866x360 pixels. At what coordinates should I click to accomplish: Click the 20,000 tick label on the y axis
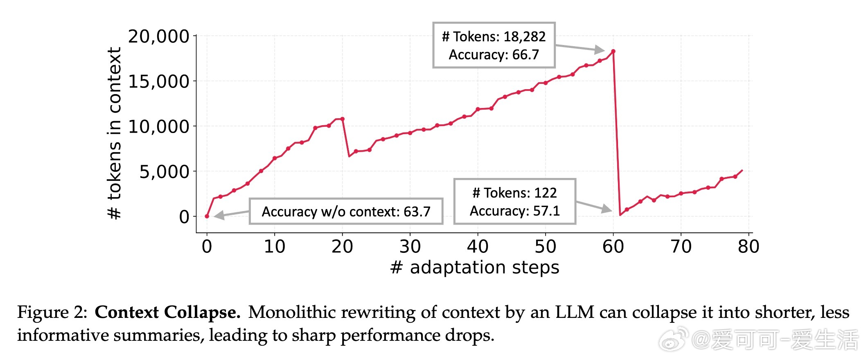(158, 36)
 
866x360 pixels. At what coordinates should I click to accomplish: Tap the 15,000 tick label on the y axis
(158, 81)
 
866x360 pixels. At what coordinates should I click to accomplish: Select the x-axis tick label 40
(478, 247)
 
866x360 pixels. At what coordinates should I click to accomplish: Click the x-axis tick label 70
(681, 247)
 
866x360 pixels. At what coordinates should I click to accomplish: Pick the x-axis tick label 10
(274, 247)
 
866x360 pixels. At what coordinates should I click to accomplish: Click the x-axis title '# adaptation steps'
(475, 268)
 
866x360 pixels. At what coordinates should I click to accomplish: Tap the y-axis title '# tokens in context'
(115, 133)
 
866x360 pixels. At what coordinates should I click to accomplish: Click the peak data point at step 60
(613, 52)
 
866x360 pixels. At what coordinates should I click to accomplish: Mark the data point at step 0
(207, 216)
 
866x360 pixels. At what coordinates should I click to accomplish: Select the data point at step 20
(343, 119)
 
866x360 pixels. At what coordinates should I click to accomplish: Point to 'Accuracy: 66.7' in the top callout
(494, 55)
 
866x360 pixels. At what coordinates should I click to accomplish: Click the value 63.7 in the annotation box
(417, 212)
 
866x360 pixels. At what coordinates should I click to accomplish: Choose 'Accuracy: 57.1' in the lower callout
(514, 211)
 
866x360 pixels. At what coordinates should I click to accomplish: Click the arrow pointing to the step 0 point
(231, 214)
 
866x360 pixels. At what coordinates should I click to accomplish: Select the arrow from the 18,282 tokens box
(579, 48)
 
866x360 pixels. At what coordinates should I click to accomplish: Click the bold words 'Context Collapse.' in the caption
(167, 313)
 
